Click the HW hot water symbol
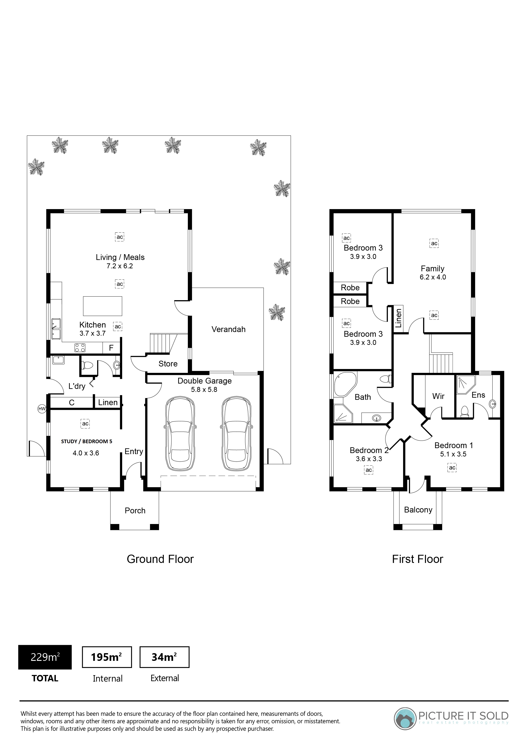pyautogui.click(x=42, y=408)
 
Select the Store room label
pyautogui.click(x=168, y=364)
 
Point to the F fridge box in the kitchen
pyautogui.click(x=111, y=348)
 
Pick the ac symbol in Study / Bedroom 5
pyautogui.click(x=85, y=424)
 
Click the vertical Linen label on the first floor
pyautogui.click(x=398, y=319)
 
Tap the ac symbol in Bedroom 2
pyautogui.click(x=369, y=470)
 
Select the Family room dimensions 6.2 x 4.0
pyautogui.click(x=433, y=277)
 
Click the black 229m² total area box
pyautogui.click(x=45, y=657)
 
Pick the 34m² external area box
pyautogui.click(x=165, y=657)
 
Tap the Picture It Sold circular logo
pyautogui.click(x=405, y=718)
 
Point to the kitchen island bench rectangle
pyautogui.click(x=103, y=306)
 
